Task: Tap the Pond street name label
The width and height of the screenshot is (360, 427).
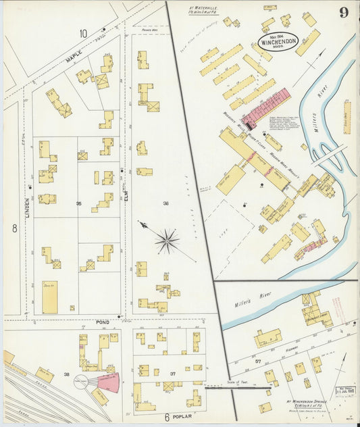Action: click(103, 323)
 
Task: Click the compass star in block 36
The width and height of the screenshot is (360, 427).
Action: click(166, 239)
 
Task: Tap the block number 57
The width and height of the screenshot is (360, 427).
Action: click(257, 361)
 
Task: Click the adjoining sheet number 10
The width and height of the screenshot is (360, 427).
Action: click(83, 33)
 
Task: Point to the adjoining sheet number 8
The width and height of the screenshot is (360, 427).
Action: click(13, 228)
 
